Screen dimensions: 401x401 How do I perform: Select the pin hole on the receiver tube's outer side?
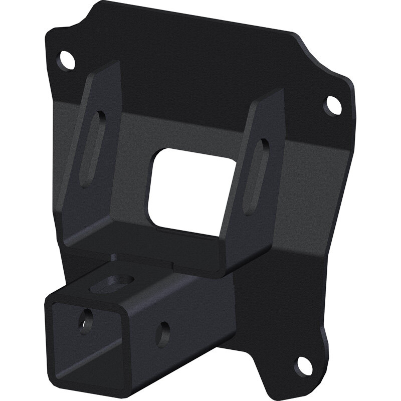(x=162, y=333)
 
